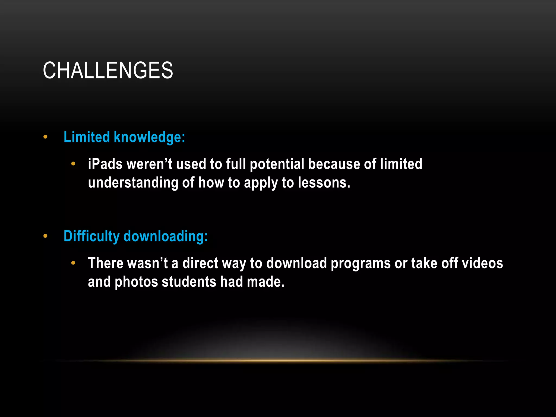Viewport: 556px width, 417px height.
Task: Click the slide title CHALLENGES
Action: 108,70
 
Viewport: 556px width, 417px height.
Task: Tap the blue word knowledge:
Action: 149,137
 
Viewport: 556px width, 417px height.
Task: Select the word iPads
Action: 105,164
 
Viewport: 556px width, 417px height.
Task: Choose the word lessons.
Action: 324,183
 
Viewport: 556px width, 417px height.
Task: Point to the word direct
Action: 200,263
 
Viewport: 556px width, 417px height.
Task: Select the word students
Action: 189,282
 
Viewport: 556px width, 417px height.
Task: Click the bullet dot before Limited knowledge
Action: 45,137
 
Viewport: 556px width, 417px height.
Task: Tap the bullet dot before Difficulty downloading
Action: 45,236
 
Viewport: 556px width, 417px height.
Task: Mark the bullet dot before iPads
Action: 73,164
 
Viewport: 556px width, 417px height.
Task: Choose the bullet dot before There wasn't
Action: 73,263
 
